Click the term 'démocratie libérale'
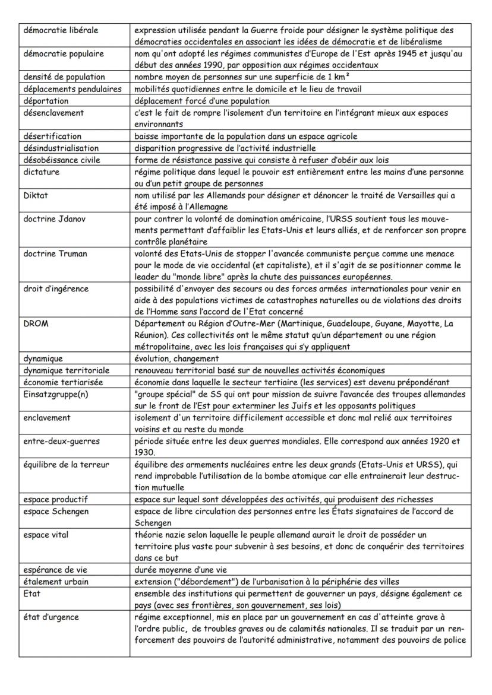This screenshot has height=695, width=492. coord(61,30)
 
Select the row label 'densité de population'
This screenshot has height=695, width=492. coord(64,77)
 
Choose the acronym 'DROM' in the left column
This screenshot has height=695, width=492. coord(36,323)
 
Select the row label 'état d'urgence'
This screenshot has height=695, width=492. coord(51,617)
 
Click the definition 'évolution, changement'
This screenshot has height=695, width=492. coord(176,358)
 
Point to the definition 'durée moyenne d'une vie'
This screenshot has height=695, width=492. coord(181,570)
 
